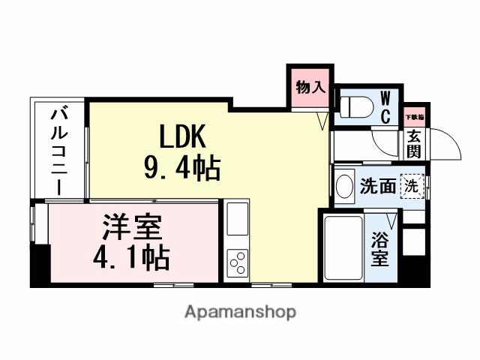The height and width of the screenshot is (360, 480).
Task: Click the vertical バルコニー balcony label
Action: pos(60,150)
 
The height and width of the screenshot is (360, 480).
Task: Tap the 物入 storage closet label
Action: pos(310,87)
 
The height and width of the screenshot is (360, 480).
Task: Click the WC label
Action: pos(385,107)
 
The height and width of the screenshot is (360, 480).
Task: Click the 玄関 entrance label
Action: pos(414,143)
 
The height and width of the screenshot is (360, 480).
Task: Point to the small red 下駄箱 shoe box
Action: pos(414,116)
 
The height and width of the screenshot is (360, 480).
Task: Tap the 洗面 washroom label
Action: pos(376,186)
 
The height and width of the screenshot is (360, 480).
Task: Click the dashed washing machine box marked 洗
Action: pos(412,185)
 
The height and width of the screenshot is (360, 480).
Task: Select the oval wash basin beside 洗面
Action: pos(344,185)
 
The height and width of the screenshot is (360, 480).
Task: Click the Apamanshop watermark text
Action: pos(240,311)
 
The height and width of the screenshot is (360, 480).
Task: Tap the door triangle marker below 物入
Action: pos(322,119)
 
